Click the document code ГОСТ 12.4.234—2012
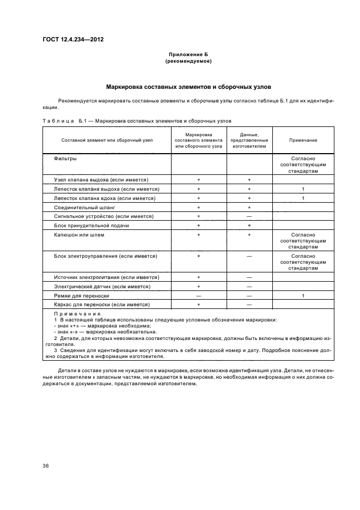[73, 40]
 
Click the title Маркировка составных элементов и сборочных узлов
[188, 87]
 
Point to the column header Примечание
[303, 140]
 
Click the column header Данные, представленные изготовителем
[249, 140]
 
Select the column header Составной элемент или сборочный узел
[107, 140]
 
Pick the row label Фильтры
[65, 159]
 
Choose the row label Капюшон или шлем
[79, 235]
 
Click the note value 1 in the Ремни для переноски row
[303, 295]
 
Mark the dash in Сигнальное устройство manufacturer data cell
[249, 216]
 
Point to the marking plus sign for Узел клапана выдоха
[199, 179]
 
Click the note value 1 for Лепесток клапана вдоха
[303, 198]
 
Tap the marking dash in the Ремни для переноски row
[199, 295]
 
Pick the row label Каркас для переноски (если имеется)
[102, 305]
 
